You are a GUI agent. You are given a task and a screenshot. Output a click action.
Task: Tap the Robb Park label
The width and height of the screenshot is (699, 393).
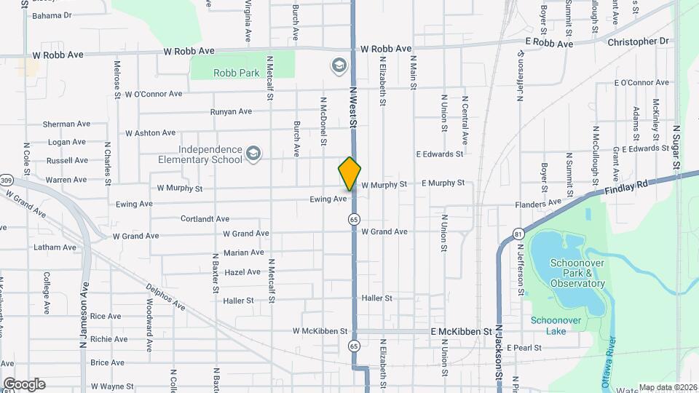point(232,73)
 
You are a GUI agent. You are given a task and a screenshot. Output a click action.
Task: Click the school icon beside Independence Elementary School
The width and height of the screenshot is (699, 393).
point(253,154)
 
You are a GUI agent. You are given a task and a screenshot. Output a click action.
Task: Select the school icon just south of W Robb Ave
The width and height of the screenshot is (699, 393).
point(339,66)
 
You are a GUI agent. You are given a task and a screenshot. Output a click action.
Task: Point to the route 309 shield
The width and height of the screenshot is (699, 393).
point(7,180)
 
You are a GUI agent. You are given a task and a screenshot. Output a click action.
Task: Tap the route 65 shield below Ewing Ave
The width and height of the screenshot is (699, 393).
point(354,218)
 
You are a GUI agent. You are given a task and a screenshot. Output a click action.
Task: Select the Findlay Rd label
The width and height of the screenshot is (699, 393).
point(625,189)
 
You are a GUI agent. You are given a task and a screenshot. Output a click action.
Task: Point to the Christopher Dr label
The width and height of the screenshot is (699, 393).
point(637,41)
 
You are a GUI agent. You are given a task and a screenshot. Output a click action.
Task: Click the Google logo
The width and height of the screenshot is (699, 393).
point(23,384)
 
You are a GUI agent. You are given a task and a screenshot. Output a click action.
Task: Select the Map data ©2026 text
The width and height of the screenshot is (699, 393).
point(667,387)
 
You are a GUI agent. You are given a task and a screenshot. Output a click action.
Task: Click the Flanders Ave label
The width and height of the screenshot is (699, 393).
point(538,202)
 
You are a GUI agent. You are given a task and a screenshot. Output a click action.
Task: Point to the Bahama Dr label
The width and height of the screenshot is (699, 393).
point(52,15)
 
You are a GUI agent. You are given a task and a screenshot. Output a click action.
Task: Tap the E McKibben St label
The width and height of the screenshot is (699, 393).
point(462,331)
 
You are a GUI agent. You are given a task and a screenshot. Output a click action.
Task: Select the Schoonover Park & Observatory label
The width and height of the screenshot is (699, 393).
point(568,272)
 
